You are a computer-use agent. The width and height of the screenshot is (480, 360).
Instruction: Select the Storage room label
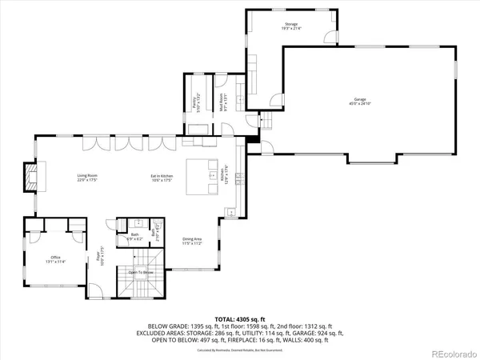click(290, 25)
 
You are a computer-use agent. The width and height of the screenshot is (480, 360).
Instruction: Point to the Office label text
click(55, 256)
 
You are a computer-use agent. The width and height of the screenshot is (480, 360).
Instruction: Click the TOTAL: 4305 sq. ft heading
click(239, 319)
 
